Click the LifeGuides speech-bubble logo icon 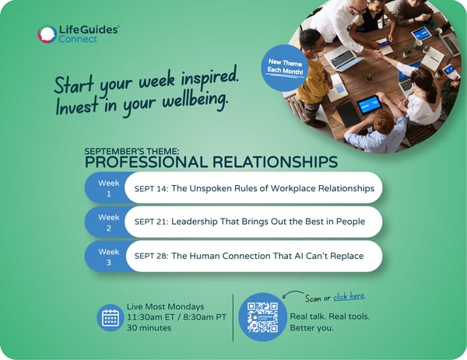[47, 34]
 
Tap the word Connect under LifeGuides [78, 39]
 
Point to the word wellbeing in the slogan [195, 100]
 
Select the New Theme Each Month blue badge [285, 68]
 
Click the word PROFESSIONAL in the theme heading [146, 163]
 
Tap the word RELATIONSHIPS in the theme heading [275, 163]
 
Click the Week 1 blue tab [108, 188]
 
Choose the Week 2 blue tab [108, 222]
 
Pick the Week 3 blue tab [108, 257]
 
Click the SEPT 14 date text [151, 189]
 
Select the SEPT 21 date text [151, 222]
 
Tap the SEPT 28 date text [151, 256]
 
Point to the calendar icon [111, 317]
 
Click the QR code [262, 317]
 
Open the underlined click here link [349, 296]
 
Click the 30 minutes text [149, 328]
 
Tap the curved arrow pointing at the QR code [293, 293]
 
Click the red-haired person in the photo [377, 128]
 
